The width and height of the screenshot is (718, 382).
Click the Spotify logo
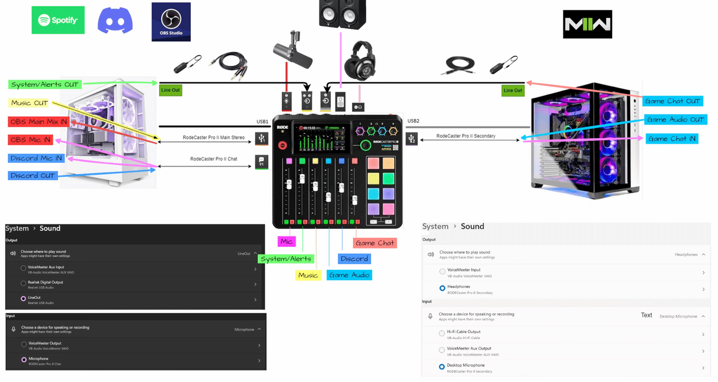[x=58, y=20]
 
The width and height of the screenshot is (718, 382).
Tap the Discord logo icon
[x=115, y=21]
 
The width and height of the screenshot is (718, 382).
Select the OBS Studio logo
[x=171, y=22]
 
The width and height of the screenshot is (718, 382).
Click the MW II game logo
[x=587, y=24]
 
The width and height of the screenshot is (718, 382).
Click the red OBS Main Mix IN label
[x=38, y=122]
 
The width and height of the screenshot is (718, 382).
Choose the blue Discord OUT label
[x=33, y=175]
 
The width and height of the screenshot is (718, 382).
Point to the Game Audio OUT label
[x=676, y=120]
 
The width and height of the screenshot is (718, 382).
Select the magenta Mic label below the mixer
[x=286, y=241]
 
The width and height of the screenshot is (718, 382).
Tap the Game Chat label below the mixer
[x=375, y=243]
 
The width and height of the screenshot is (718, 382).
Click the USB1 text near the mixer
[x=262, y=122]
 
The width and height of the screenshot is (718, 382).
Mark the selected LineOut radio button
[x=23, y=298]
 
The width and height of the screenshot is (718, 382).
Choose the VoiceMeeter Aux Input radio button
[x=23, y=268]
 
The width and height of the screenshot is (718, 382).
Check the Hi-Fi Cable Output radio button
[x=442, y=333]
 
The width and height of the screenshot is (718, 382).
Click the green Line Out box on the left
[x=170, y=90]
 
